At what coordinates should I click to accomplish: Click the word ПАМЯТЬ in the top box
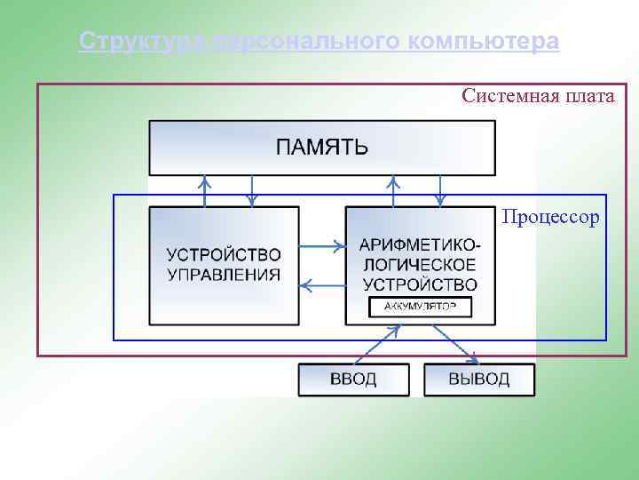click(x=321, y=148)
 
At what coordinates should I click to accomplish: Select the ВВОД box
click(x=353, y=380)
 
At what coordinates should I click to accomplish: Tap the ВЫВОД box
click(x=479, y=380)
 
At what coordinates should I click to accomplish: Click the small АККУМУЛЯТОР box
click(x=421, y=308)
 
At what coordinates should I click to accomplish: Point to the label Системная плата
click(x=538, y=96)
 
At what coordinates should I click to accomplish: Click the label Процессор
click(x=550, y=217)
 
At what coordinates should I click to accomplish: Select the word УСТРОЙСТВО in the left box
click(x=224, y=255)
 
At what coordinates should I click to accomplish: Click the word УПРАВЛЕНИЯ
click(x=224, y=275)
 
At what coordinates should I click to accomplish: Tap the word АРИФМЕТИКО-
click(x=422, y=244)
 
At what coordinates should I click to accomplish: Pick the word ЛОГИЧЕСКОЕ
click(x=421, y=265)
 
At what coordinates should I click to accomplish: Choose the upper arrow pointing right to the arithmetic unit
click(x=322, y=244)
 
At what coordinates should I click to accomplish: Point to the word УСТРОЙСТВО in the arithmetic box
click(x=421, y=285)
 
